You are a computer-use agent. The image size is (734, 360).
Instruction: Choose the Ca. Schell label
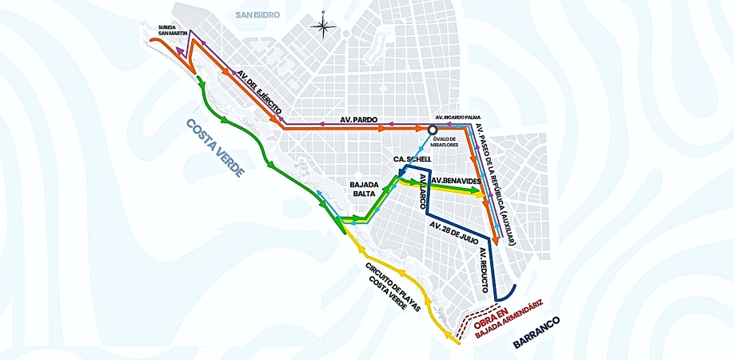(x=413, y=159)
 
